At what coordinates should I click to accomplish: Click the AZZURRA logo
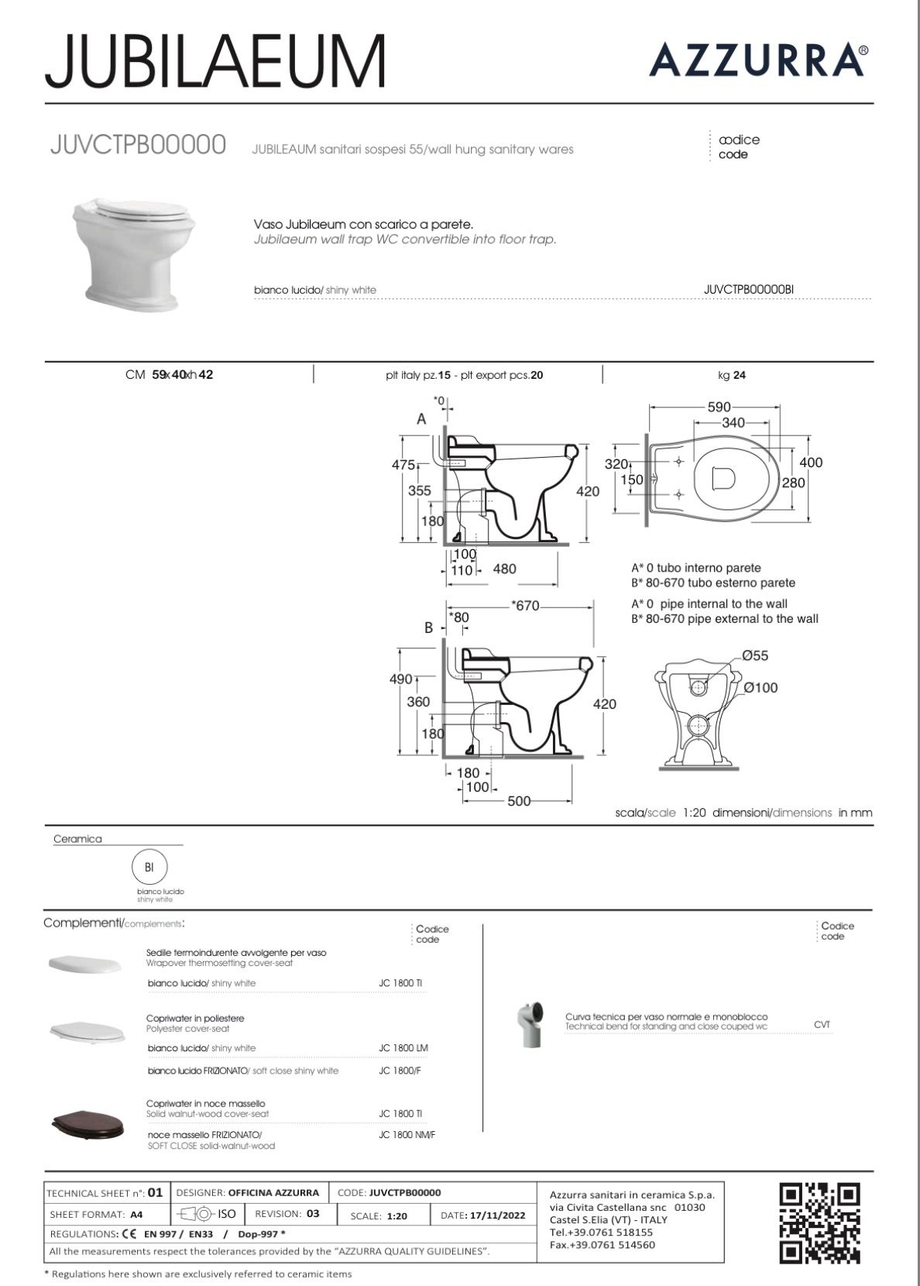[x=758, y=60]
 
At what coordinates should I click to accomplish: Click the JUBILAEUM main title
[x=215, y=60]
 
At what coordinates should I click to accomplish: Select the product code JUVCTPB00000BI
[x=749, y=290]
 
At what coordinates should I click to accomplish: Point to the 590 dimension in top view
[x=719, y=407]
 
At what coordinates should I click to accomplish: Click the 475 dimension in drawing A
[x=403, y=465]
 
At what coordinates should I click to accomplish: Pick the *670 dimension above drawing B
[x=526, y=605]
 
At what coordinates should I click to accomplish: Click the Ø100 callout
[x=760, y=687]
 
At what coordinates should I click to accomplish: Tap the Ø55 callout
[x=755, y=655]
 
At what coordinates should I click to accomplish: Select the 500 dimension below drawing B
[x=519, y=801]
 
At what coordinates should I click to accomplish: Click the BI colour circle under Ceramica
[x=149, y=867]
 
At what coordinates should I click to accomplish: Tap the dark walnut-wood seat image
[x=88, y=1125]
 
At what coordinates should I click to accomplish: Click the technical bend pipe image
[x=531, y=1024]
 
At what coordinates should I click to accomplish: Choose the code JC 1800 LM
[x=403, y=1048]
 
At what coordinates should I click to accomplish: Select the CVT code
[x=822, y=1024]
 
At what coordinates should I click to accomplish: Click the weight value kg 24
[x=732, y=375]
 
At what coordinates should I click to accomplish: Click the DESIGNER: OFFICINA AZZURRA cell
[x=248, y=1192]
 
